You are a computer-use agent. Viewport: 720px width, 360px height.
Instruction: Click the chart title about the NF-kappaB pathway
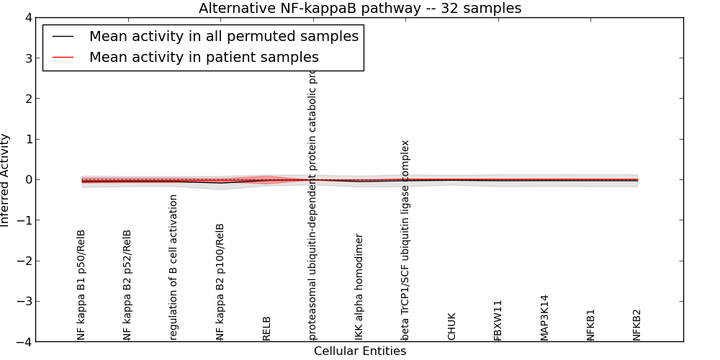[360, 9]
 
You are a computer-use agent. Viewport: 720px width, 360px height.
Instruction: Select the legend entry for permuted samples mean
[223, 36]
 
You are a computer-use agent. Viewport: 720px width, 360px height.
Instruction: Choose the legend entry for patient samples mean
[204, 57]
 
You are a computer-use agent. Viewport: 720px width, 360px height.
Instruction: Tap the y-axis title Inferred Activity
[6, 180]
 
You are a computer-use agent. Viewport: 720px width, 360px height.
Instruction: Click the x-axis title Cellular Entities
[360, 351]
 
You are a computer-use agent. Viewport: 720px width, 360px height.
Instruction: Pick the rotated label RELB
[267, 328]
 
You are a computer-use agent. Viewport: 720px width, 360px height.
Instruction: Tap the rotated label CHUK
[452, 326]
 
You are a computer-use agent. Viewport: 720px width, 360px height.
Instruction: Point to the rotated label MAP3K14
[544, 317]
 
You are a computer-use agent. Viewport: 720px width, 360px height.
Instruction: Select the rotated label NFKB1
[591, 325]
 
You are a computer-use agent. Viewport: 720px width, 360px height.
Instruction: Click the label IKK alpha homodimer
[359, 287]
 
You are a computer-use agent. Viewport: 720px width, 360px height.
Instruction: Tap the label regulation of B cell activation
[174, 267]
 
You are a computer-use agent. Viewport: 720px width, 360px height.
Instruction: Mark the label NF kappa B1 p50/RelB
[81, 284]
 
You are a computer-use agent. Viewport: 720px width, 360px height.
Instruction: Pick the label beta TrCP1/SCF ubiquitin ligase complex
[405, 240]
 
